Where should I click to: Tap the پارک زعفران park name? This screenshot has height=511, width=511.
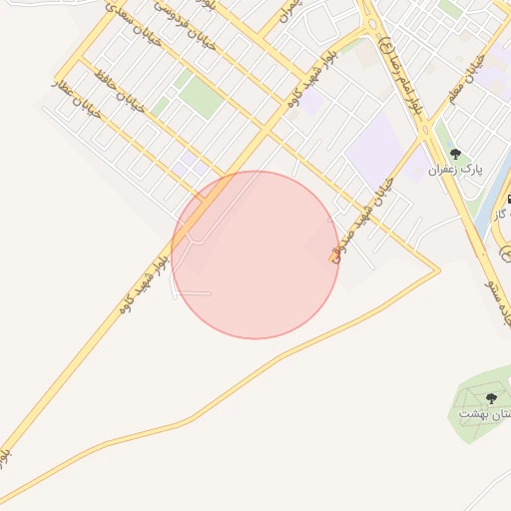coord(455,170)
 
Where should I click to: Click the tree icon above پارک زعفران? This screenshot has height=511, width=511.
coord(455,154)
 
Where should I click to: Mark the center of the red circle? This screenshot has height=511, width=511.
coord(255,255)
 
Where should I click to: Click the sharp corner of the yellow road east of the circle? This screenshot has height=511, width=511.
coord(438,268)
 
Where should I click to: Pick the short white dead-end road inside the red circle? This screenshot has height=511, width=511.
coord(195,293)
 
